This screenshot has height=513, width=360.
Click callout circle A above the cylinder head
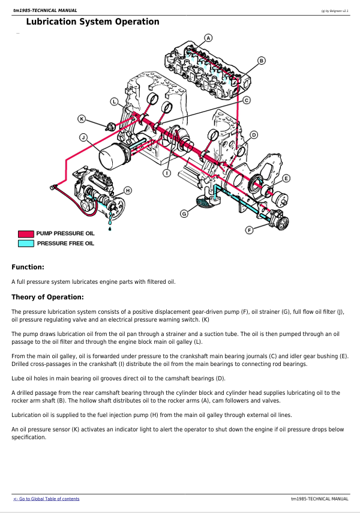pyautogui.click(x=208, y=38)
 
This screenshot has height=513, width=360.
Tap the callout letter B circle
pyautogui.click(x=261, y=61)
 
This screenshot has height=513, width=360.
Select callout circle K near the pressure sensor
pyautogui.click(x=82, y=119)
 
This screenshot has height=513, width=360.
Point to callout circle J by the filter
pyautogui.click(x=83, y=137)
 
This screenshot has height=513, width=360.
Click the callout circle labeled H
pyautogui.click(x=128, y=190)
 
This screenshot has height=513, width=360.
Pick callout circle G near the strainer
pyautogui.click(x=184, y=214)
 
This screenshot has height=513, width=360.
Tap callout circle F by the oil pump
pyautogui.click(x=250, y=230)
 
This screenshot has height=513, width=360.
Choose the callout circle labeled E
pyautogui.click(x=286, y=178)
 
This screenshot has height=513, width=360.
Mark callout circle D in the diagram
pyautogui.click(x=254, y=135)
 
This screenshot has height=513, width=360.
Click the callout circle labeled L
pyautogui.click(x=113, y=101)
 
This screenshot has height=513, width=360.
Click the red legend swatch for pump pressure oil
pyautogui.click(x=26, y=233)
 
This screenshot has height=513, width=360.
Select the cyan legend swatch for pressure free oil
pyautogui.click(x=26, y=244)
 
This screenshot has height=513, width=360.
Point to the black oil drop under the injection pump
pyautogui.click(x=110, y=229)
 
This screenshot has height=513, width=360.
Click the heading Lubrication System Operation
pyautogui.click(x=92, y=22)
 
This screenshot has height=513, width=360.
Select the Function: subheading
pyautogui.click(x=28, y=267)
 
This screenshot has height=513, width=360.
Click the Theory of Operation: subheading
pyautogui.click(x=47, y=297)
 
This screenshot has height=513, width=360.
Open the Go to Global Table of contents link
pyautogui.click(x=46, y=499)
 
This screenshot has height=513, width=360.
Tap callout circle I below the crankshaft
pyautogui.click(x=167, y=173)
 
